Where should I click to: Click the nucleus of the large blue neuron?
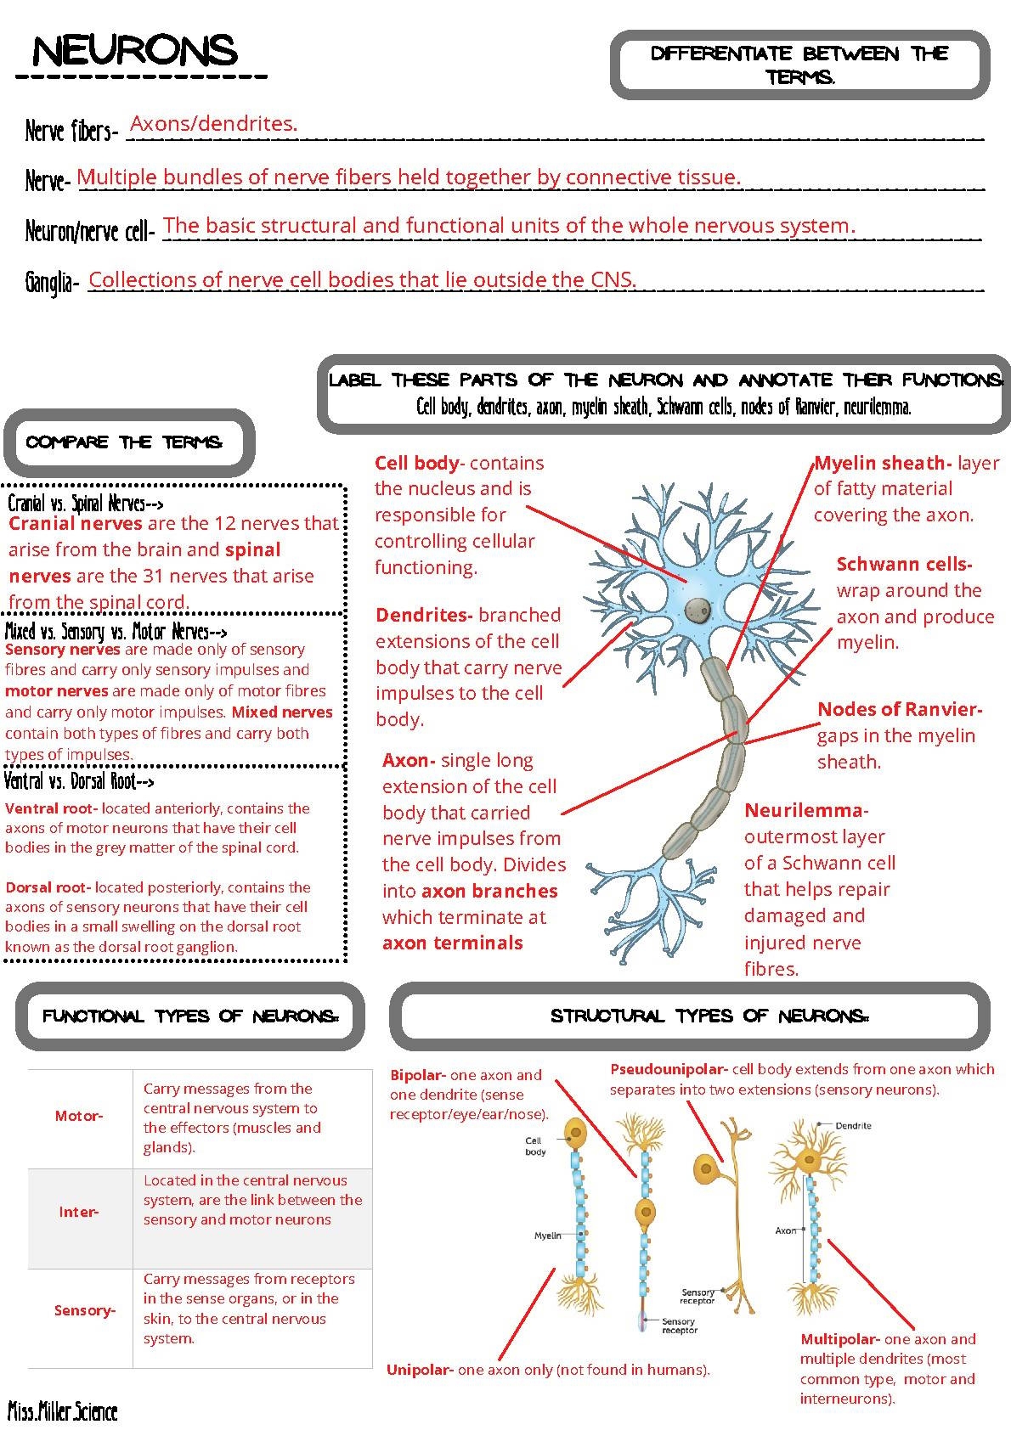[x=698, y=608]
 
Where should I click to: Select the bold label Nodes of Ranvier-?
[x=899, y=709]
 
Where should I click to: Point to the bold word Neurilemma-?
[x=805, y=810]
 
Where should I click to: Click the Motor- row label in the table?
[x=79, y=1116]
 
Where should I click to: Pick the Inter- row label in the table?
[x=78, y=1212]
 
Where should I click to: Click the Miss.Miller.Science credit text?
[x=63, y=1411]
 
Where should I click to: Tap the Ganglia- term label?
[x=51, y=283]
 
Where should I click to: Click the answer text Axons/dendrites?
[x=213, y=124]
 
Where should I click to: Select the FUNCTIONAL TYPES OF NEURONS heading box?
[x=190, y=1016]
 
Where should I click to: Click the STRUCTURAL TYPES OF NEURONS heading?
[x=709, y=1016]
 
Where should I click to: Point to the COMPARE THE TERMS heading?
[x=125, y=442]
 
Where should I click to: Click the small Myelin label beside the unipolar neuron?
[x=547, y=1236]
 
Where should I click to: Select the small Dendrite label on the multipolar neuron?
[x=853, y=1125]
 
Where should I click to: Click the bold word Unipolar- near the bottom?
[x=421, y=1369]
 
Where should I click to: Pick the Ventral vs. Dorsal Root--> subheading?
[x=79, y=780]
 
